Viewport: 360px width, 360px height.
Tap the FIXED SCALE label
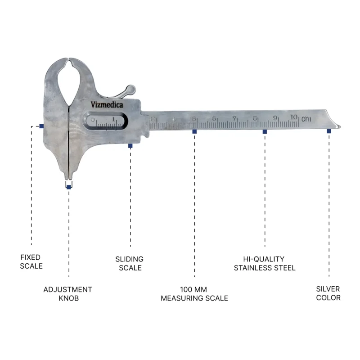point(31,261)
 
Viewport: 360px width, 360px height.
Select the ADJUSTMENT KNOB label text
point(68,294)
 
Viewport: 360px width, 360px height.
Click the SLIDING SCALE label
point(130,263)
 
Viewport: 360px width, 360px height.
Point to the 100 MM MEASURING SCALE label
point(194,294)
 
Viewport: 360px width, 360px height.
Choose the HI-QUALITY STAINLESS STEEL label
point(264,263)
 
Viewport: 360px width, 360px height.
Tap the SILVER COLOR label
point(328,293)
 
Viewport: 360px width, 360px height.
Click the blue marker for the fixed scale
point(41,126)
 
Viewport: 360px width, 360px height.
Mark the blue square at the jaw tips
point(69,187)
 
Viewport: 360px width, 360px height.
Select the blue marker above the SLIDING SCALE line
point(130,146)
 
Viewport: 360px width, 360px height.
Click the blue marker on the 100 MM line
point(194,131)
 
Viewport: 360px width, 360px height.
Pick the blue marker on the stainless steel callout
point(265,132)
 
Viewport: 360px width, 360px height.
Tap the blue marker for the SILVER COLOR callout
point(329,131)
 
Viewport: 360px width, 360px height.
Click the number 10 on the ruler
point(294,117)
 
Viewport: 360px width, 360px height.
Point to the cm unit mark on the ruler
point(306,119)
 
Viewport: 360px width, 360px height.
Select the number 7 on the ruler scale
point(234,118)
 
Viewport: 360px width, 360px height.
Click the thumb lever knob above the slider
point(130,89)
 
